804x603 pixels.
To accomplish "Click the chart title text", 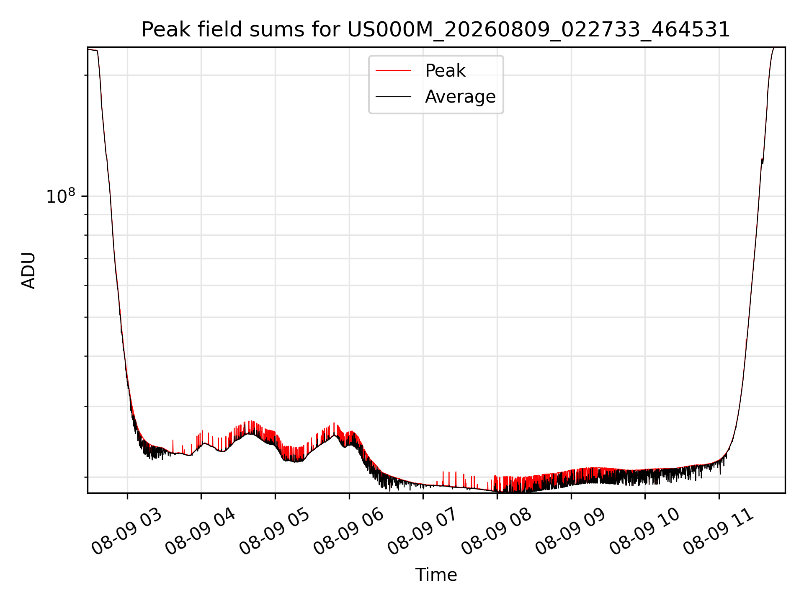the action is pyautogui.click(x=436, y=30).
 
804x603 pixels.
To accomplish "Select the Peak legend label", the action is pyautogui.click(x=445, y=71).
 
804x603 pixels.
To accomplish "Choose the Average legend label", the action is pyautogui.click(x=460, y=97).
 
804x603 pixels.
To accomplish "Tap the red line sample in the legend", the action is pyautogui.click(x=393, y=71).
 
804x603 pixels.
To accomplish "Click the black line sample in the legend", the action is pyautogui.click(x=393, y=97).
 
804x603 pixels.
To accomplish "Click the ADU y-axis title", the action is pyautogui.click(x=28, y=271).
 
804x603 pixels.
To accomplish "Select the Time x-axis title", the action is pyautogui.click(x=436, y=575).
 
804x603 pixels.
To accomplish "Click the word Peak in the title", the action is pyautogui.click(x=161, y=30).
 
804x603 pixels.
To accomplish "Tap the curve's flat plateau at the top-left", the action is pyautogui.click(x=93, y=50).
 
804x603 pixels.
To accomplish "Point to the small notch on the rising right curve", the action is pyautogui.click(x=762, y=161).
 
